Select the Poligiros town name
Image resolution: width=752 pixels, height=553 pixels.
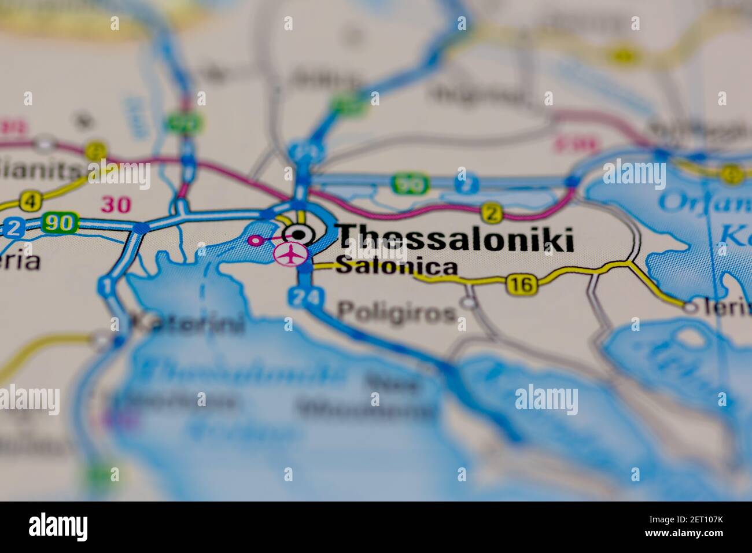[396, 313]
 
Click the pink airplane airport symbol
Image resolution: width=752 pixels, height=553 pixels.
[290, 254]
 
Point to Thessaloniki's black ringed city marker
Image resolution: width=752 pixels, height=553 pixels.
[298, 234]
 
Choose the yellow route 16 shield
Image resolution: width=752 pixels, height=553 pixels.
[521, 284]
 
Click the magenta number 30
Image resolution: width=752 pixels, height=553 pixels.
[116, 204]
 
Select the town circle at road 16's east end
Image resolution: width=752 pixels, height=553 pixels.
[690, 307]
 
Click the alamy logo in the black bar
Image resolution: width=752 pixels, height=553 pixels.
[58, 527]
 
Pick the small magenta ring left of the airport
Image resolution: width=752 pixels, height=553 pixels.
[253, 239]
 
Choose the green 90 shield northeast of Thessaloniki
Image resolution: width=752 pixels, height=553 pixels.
[410, 185]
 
